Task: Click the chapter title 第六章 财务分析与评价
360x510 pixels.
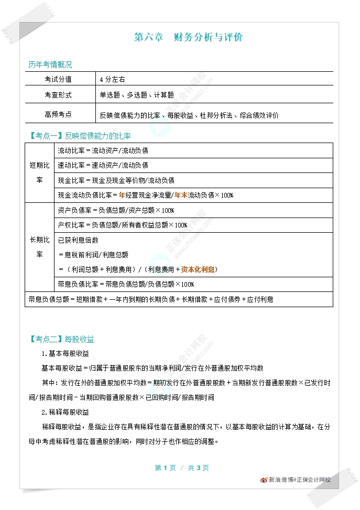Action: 188,37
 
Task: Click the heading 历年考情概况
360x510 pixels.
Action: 50,65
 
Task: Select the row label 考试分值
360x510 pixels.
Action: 58,79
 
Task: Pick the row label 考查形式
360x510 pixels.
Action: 58,95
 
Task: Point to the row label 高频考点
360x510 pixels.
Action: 58,114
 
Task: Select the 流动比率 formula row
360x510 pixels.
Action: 103,150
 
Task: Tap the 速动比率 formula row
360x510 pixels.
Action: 103,165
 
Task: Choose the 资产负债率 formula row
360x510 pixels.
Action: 116,210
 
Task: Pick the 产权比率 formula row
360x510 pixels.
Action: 122,225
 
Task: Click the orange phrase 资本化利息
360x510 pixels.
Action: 198,269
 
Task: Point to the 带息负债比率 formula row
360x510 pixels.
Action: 126,284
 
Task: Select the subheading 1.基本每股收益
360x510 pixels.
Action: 65,353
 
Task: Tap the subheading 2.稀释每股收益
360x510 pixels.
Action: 65,411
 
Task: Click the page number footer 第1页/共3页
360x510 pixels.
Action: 182,468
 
